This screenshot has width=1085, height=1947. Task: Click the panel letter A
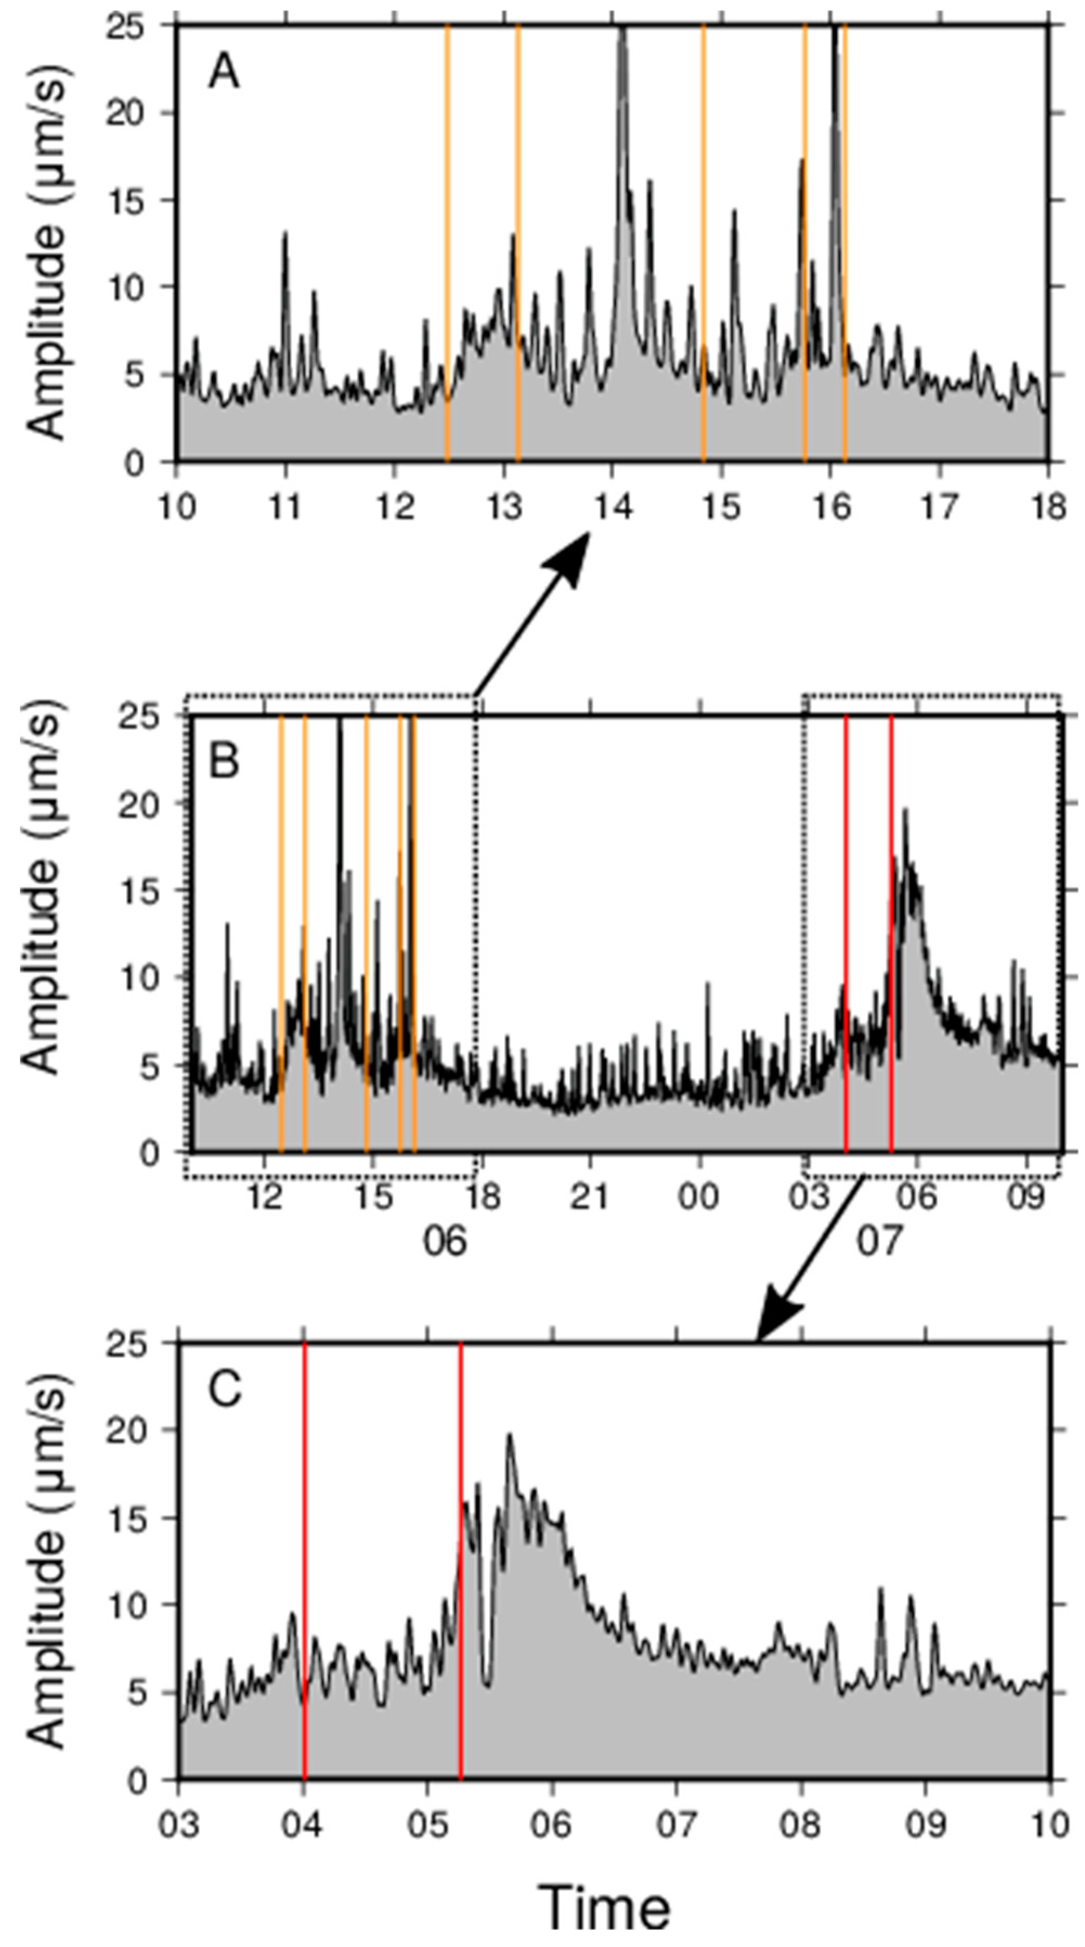[224, 73]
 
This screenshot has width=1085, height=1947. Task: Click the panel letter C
[224, 1389]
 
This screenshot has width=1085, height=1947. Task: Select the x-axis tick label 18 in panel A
[1047, 506]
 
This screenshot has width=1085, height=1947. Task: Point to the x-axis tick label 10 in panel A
[177, 506]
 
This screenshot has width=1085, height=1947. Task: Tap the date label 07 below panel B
[879, 1241]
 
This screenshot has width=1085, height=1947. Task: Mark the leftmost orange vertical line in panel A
[447, 242]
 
